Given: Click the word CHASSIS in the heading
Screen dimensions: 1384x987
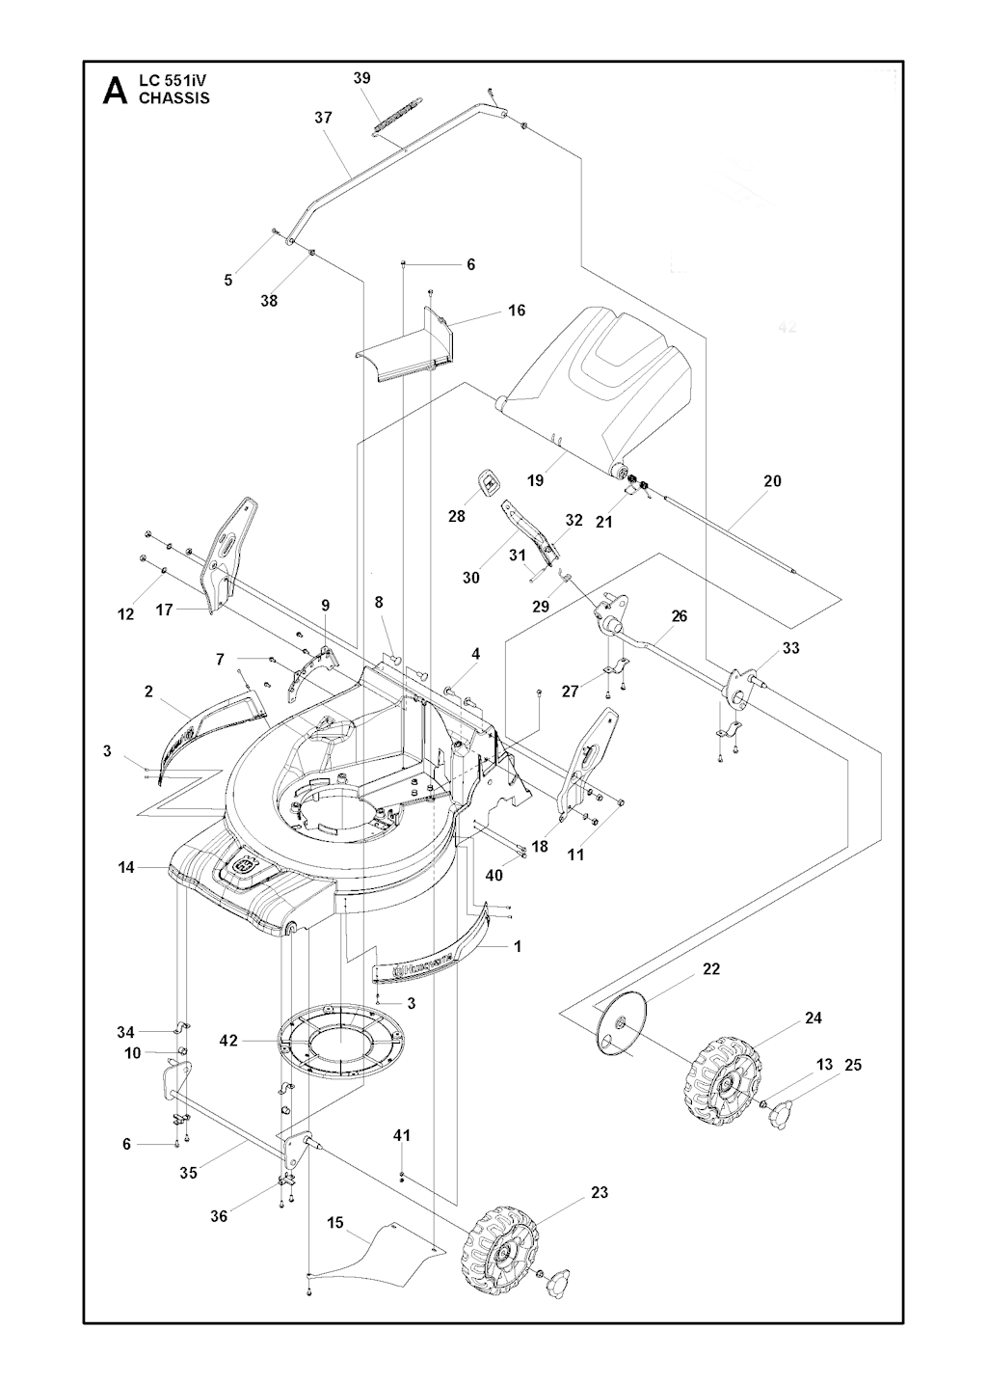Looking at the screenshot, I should [x=174, y=97].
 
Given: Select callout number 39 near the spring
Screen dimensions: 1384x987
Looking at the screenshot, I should [x=362, y=78].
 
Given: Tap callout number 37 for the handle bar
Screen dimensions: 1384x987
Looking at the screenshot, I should [x=323, y=118].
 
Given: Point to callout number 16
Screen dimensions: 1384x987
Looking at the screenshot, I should [x=517, y=311].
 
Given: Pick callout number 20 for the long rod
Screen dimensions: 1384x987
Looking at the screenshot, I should [x=772, y=480].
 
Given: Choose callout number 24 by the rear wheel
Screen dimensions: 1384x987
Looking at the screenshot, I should [x=813, y=1018].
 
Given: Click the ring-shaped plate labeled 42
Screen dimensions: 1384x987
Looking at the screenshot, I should [x=343, y=1043].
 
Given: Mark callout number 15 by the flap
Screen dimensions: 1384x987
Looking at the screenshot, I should [x=335, y=1222].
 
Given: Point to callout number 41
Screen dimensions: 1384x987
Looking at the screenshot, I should [x=402, y=1135].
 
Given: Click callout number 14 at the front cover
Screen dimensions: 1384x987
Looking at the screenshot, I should [x=126, y=868].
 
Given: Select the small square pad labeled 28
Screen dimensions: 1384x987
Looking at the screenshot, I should [x=490, y=481].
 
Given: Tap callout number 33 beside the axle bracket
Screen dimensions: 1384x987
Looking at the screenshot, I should [x=790, y=648].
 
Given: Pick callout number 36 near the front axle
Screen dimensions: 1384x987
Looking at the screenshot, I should [x=219, y=1216].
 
